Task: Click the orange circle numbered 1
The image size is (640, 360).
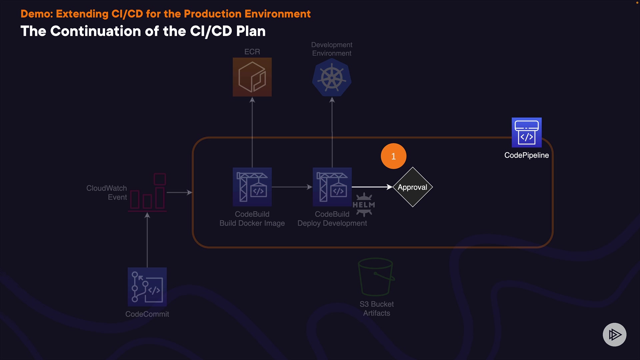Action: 393,156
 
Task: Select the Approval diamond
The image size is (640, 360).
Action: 413,187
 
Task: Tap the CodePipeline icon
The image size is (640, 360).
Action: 526,132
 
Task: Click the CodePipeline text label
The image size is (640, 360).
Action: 526,155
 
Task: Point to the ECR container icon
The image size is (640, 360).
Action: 252,77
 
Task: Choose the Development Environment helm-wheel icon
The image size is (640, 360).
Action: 332,78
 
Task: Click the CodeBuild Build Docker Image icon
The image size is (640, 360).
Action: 252,187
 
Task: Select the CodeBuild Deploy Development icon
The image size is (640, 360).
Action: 332,187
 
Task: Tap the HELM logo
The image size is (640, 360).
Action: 364,205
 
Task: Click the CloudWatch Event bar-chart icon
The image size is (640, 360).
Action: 148,193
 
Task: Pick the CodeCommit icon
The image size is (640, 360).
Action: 147,287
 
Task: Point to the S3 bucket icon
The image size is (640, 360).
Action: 376,277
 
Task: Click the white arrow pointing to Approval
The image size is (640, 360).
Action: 372,187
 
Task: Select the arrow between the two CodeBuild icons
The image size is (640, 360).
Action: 292,187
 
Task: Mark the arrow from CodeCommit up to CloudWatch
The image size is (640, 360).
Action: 147,240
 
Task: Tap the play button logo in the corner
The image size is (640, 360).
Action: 614,334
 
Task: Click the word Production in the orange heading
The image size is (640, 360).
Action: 212,14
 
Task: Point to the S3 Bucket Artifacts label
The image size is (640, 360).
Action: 377,309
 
